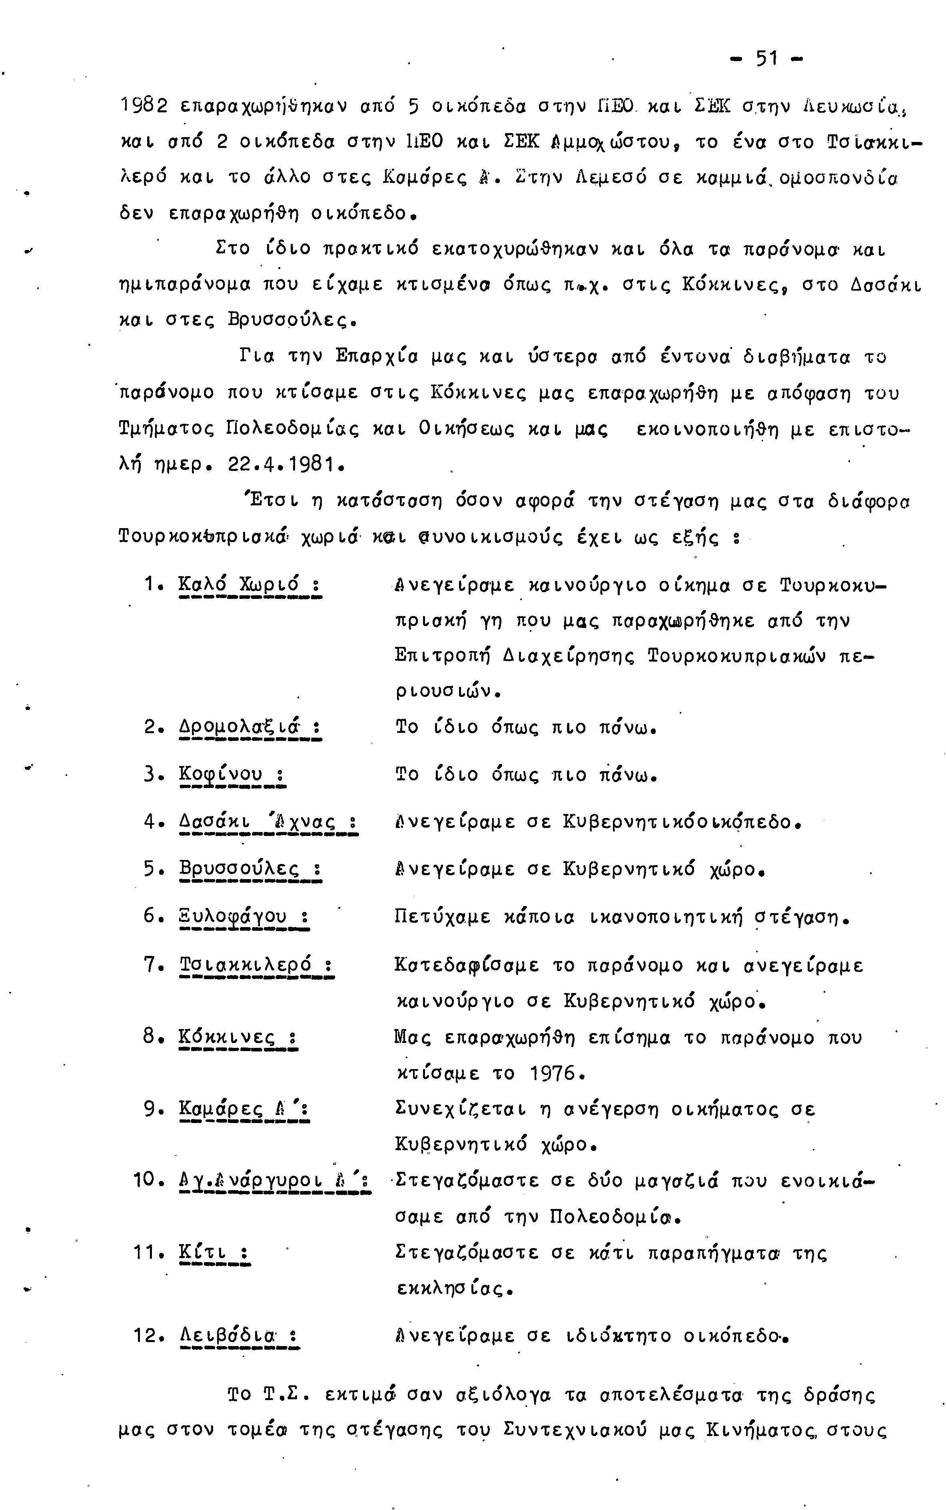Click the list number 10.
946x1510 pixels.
[x=148, y=1180]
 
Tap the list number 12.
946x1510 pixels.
[x=148, y=1336]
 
